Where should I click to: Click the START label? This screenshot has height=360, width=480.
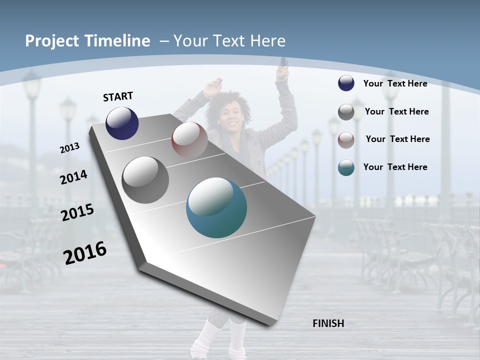[118, 96]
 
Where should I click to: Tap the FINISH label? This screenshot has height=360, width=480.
[328, 323]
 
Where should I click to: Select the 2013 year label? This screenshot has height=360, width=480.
[69, 147]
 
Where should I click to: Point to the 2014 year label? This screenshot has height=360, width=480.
[73, 177]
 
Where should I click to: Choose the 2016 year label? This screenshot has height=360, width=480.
[85, 252]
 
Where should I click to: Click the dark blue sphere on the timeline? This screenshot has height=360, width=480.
[122, 123]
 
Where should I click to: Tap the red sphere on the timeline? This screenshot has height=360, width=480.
[189, 139]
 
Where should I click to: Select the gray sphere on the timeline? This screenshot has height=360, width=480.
[145, 180]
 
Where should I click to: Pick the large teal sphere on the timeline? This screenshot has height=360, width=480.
[216, 207]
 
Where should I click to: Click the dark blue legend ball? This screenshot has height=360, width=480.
[346, 83]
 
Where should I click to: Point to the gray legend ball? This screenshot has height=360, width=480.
[346, 112]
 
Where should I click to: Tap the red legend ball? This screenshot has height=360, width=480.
[346, 139]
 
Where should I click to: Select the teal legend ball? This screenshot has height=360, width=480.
[346, 167]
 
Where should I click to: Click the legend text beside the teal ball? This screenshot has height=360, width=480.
[395, 167]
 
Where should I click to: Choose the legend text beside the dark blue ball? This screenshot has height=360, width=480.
[395, 83]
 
